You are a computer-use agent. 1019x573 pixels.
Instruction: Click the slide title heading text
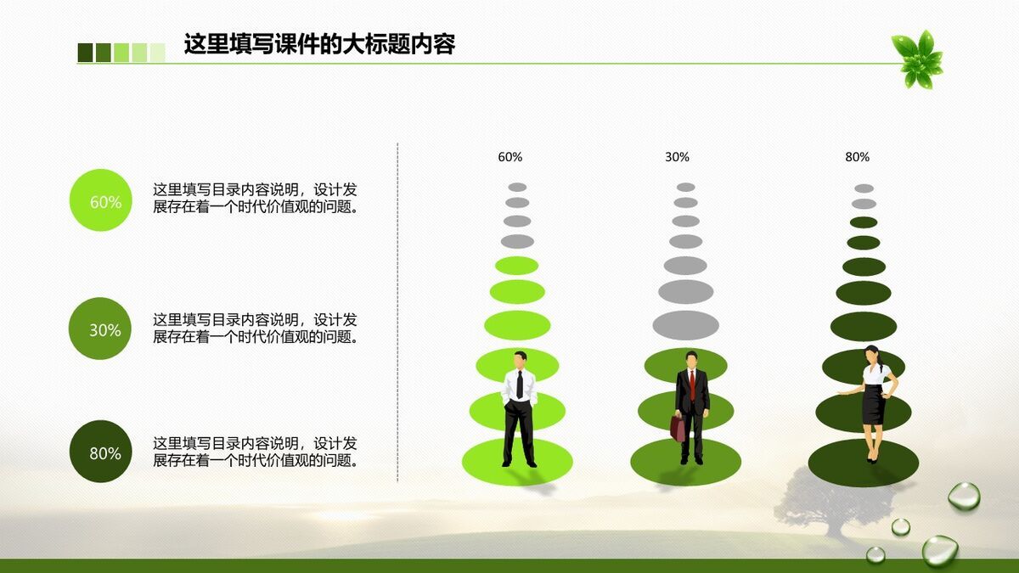point(319,44)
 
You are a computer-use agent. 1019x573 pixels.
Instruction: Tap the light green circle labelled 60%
point(100,201)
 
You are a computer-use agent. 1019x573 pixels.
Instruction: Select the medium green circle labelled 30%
point(100,329)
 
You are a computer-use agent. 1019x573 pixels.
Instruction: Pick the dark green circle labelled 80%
point(100,452)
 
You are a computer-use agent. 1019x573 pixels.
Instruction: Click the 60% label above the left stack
point(509,157)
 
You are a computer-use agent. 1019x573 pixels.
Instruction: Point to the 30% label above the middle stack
point(677,157)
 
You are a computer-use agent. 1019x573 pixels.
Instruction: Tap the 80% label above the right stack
point(857,157)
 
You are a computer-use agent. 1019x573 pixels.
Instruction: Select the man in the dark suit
point(691,399)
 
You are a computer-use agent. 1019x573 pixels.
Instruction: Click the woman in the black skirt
point(873,399)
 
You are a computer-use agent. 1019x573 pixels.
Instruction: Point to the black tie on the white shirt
point(520,385)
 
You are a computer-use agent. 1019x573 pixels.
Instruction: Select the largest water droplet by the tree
point(939,550)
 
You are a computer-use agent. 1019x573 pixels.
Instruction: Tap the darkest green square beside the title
point(85,53)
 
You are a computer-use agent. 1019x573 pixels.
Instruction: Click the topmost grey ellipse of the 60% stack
point(517,187)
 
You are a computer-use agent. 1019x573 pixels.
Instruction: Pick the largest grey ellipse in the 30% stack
point(685,324)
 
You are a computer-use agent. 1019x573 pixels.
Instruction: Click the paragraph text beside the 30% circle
point(255,329)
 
